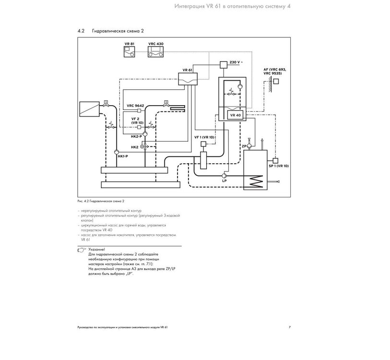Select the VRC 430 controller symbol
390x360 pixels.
156,52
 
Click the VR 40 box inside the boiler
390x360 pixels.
235,115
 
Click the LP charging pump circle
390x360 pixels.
225,175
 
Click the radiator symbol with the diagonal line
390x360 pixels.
89,109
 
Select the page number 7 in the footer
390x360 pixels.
289,327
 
